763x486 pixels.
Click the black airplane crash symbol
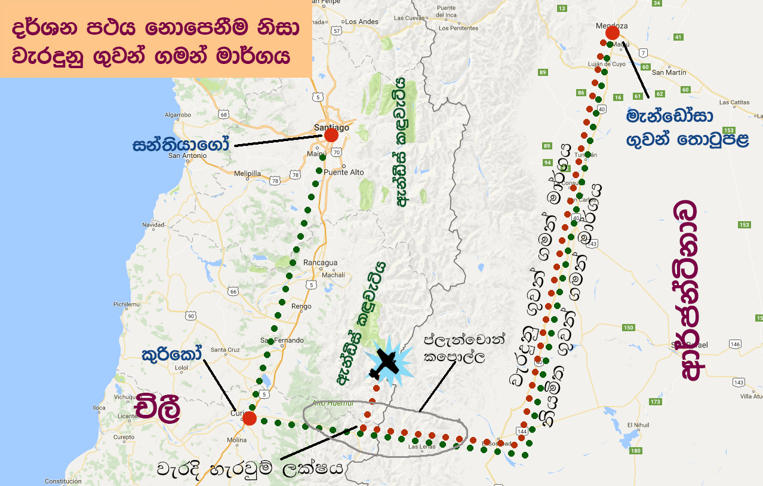[x=383, y=364]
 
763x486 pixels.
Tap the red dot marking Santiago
[x=331, y=135]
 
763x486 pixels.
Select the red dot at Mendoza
[x=612, y=33]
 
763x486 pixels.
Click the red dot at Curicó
[x=250, y=418]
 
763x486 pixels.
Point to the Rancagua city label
[x=321, y=262]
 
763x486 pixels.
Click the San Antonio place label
[x=187, y=156]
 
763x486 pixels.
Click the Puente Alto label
[x=343, y=172]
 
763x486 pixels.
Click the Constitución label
[x=63, y=481]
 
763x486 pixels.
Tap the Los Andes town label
[x=362, y=22]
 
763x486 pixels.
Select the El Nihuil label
[x=638, y=425]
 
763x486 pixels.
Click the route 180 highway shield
[x=635, y=451]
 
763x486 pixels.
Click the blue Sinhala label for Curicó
[x=171, y=354]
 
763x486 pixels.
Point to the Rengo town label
[x=301, y=307]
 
